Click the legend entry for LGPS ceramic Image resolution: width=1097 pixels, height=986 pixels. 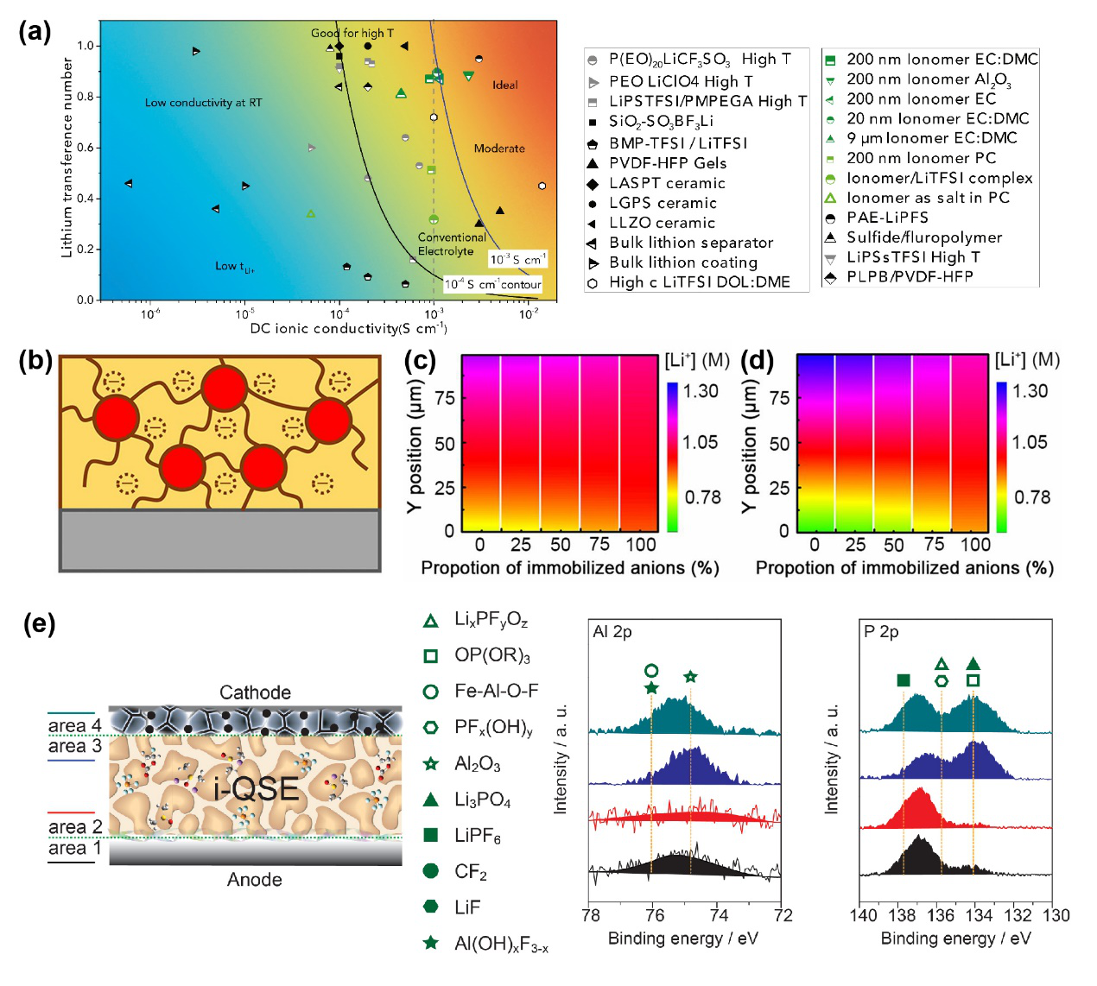click(663, 203)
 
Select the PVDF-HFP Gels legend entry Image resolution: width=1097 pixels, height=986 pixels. click(668, 163)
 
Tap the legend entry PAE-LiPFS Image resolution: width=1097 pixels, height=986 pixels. click(887, 218)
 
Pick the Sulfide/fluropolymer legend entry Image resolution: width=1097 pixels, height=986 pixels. click(924, 237)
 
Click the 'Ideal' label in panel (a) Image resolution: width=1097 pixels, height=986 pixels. click(505, 85)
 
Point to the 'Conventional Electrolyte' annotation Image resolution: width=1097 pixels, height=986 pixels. click(451, 243)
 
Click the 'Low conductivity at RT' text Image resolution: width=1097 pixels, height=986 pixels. click(203, 103)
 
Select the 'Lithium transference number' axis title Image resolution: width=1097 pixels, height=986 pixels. click(67, 157)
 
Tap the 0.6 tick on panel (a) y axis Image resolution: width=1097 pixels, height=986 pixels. click(86, 148)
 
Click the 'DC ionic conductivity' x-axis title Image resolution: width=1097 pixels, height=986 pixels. click(348, 329)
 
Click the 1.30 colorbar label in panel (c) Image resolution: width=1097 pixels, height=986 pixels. click(701, 391)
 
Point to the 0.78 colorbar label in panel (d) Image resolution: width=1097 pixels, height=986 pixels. click(1032, 497)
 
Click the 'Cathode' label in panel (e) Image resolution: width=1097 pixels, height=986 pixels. click(255, 692)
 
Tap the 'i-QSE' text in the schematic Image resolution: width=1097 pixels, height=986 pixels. click(257, 788)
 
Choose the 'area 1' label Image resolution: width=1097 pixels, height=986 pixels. click(74, 848)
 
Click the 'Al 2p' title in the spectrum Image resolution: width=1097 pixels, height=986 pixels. click(612, 632)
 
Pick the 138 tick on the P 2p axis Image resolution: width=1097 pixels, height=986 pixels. click(901, 915)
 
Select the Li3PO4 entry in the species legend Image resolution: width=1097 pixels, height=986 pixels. click(482, 800)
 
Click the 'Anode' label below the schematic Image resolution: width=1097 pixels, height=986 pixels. click(255, 879)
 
